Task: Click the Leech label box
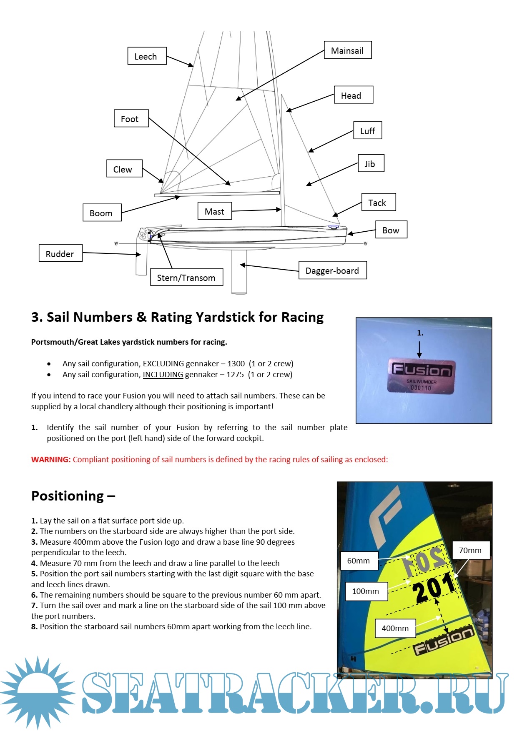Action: [x=147, y=56]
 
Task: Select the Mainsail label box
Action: [x=348, y=50]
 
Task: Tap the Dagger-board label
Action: [x=332, y=270]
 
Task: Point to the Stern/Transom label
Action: [x=186, y=277]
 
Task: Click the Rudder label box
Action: [x=60, y=253]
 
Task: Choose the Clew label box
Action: [x=124, y=169]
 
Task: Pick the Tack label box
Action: [x=378, y=203]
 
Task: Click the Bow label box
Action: [x=391, y=230]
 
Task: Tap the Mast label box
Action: [x=215, y=211]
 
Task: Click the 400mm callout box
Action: [x=395, y=628]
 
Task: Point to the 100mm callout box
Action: [x=366, y=591]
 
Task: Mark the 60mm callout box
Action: [x=359, y=561]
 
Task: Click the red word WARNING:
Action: [x=51, y=459]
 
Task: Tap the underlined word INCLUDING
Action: [x=163, y=374]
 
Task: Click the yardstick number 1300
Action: [x=236, y=363]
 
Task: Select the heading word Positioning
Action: [x=68, y=496]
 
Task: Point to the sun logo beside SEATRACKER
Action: [x=38, y=692]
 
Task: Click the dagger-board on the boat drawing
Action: [x=239, y=271]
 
